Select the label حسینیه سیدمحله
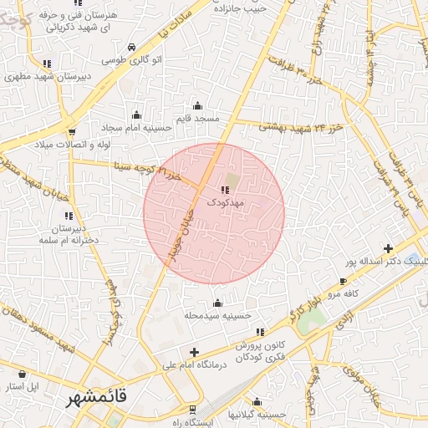point(218,316)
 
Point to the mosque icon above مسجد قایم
point(197,105)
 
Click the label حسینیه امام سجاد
point(136,129)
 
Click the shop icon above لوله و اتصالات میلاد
point(72,131)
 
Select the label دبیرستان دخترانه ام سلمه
point(69,234)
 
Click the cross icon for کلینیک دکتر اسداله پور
point(387,248)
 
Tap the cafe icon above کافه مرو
point(343,281)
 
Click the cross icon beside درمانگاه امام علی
point(195,352)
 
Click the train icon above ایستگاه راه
point(193,410)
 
